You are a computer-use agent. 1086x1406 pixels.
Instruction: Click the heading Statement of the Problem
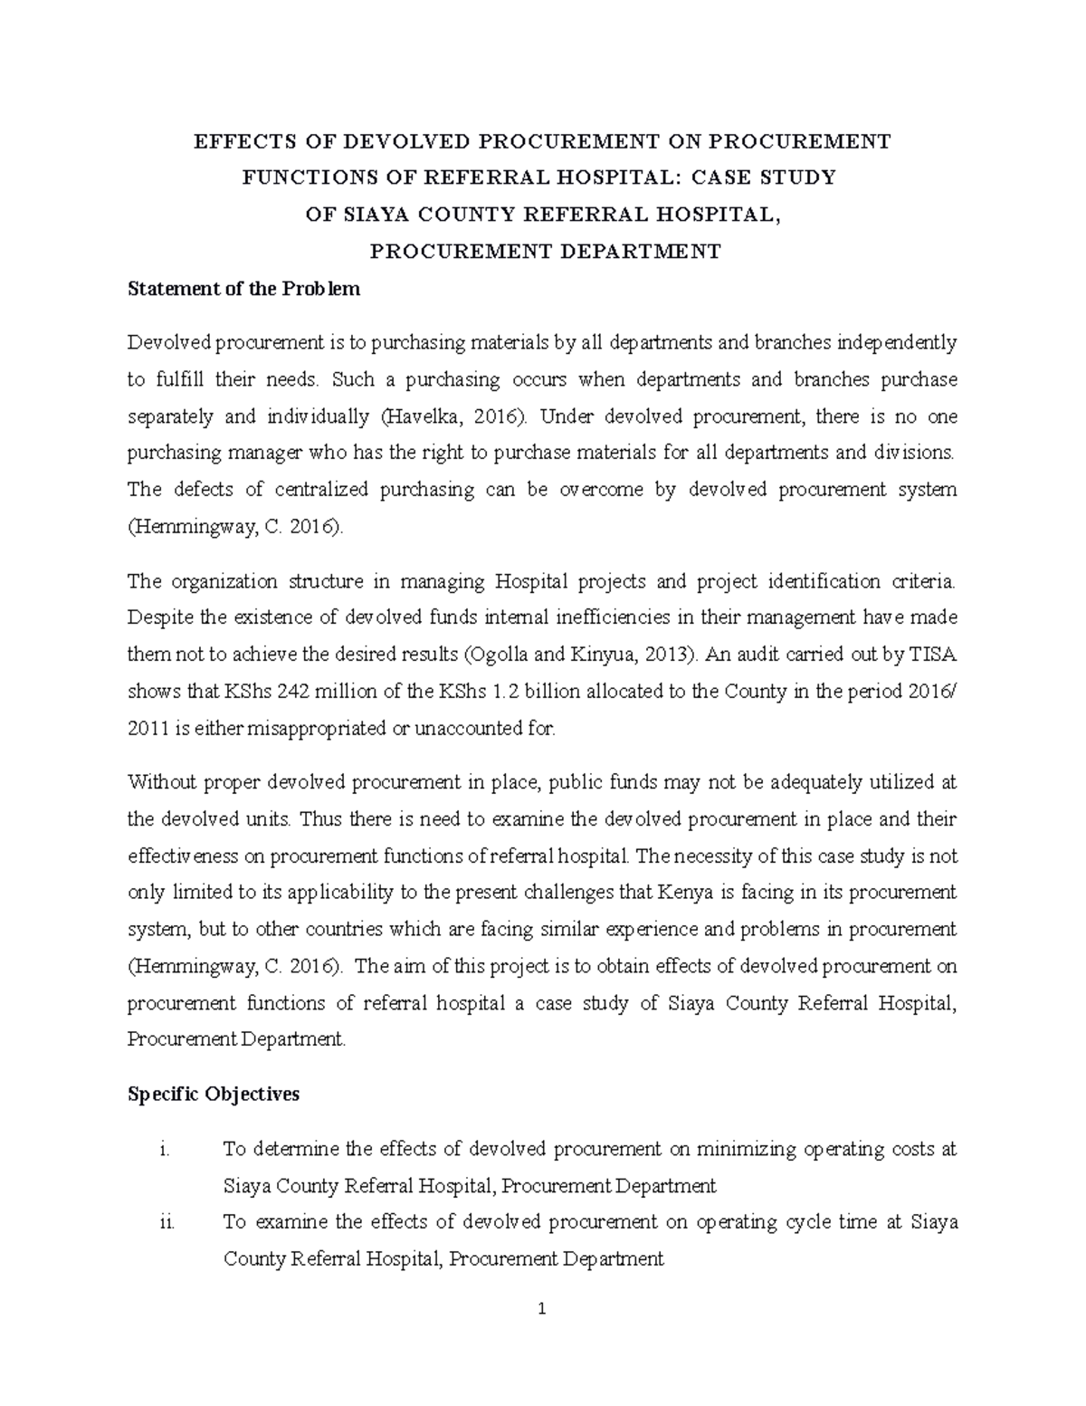tap(243, 289)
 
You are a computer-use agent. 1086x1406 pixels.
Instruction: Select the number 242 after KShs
tap(281, 692)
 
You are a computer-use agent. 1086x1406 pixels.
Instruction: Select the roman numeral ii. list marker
tap(163, 1221)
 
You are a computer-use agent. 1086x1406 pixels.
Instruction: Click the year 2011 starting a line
tap(147, 728)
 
